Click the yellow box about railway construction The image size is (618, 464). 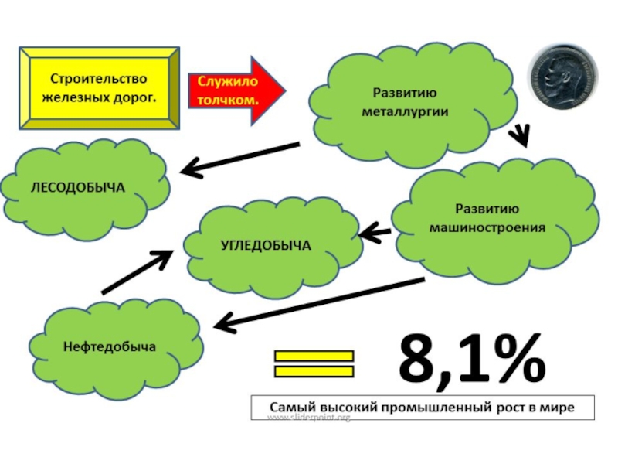[x=98, y=88]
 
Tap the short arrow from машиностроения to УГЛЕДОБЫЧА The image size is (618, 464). [x=375, y=230]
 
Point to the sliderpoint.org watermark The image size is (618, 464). [x=309, y=418]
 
